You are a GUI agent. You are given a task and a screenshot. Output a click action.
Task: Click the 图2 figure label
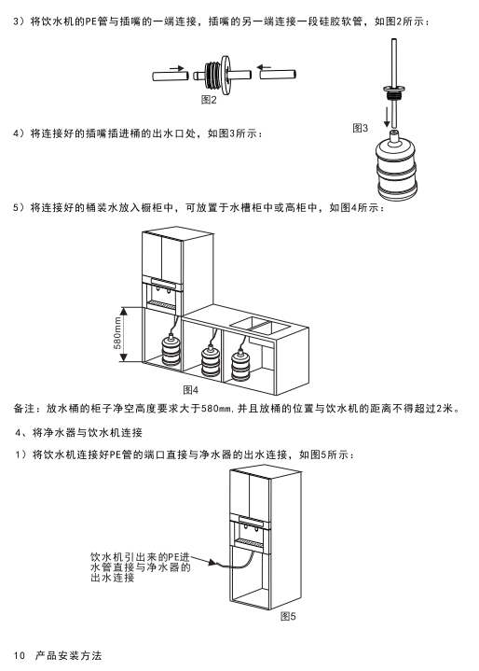(209, 100)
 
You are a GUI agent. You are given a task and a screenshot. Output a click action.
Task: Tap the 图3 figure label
(360, 128)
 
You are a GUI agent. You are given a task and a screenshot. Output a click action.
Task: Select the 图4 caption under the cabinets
(190, 390)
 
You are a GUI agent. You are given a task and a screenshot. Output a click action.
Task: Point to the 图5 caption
(288, 616)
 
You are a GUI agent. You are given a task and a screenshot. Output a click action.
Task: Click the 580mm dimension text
(117, 335)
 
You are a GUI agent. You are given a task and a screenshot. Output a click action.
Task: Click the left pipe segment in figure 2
(171, 76)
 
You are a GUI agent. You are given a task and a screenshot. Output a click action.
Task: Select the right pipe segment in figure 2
(278, 74)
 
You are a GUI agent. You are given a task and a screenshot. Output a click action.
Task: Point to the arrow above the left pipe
(176, 67)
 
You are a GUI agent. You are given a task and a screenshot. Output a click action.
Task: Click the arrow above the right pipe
(264, 67)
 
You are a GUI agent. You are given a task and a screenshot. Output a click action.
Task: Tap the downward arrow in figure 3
(387, 117)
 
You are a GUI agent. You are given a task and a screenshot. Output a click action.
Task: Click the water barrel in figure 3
(396, 166)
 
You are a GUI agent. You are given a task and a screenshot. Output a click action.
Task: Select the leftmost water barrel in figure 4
(171, 350)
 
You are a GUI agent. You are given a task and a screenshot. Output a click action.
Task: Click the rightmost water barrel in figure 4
(240, 366)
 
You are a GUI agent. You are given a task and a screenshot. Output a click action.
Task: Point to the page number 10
(19, 655)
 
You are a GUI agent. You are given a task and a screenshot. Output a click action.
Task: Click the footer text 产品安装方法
(68, 655)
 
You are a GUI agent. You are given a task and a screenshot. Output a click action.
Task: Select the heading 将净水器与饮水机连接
(88, 433)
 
